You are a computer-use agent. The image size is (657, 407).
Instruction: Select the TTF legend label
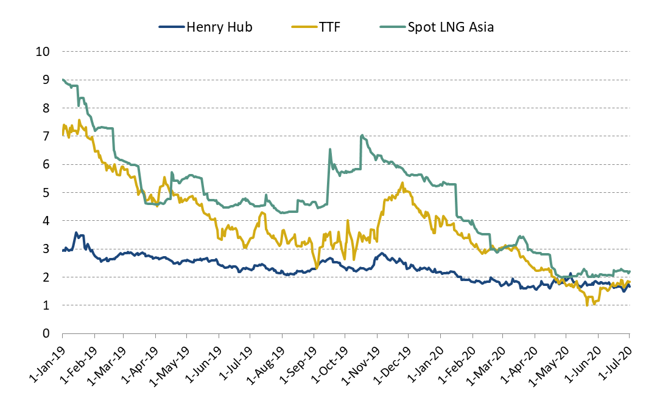(x=329, y=27)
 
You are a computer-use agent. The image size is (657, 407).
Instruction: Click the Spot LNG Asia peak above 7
(x=362, y=135)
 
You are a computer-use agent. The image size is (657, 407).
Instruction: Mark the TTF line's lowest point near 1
(x=587, y=305)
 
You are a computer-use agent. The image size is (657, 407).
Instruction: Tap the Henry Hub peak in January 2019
(x=76, y=232)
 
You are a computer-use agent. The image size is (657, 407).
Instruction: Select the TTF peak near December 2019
(x=402, y=183)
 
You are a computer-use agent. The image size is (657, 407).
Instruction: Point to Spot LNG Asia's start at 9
(x=63, y=80)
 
